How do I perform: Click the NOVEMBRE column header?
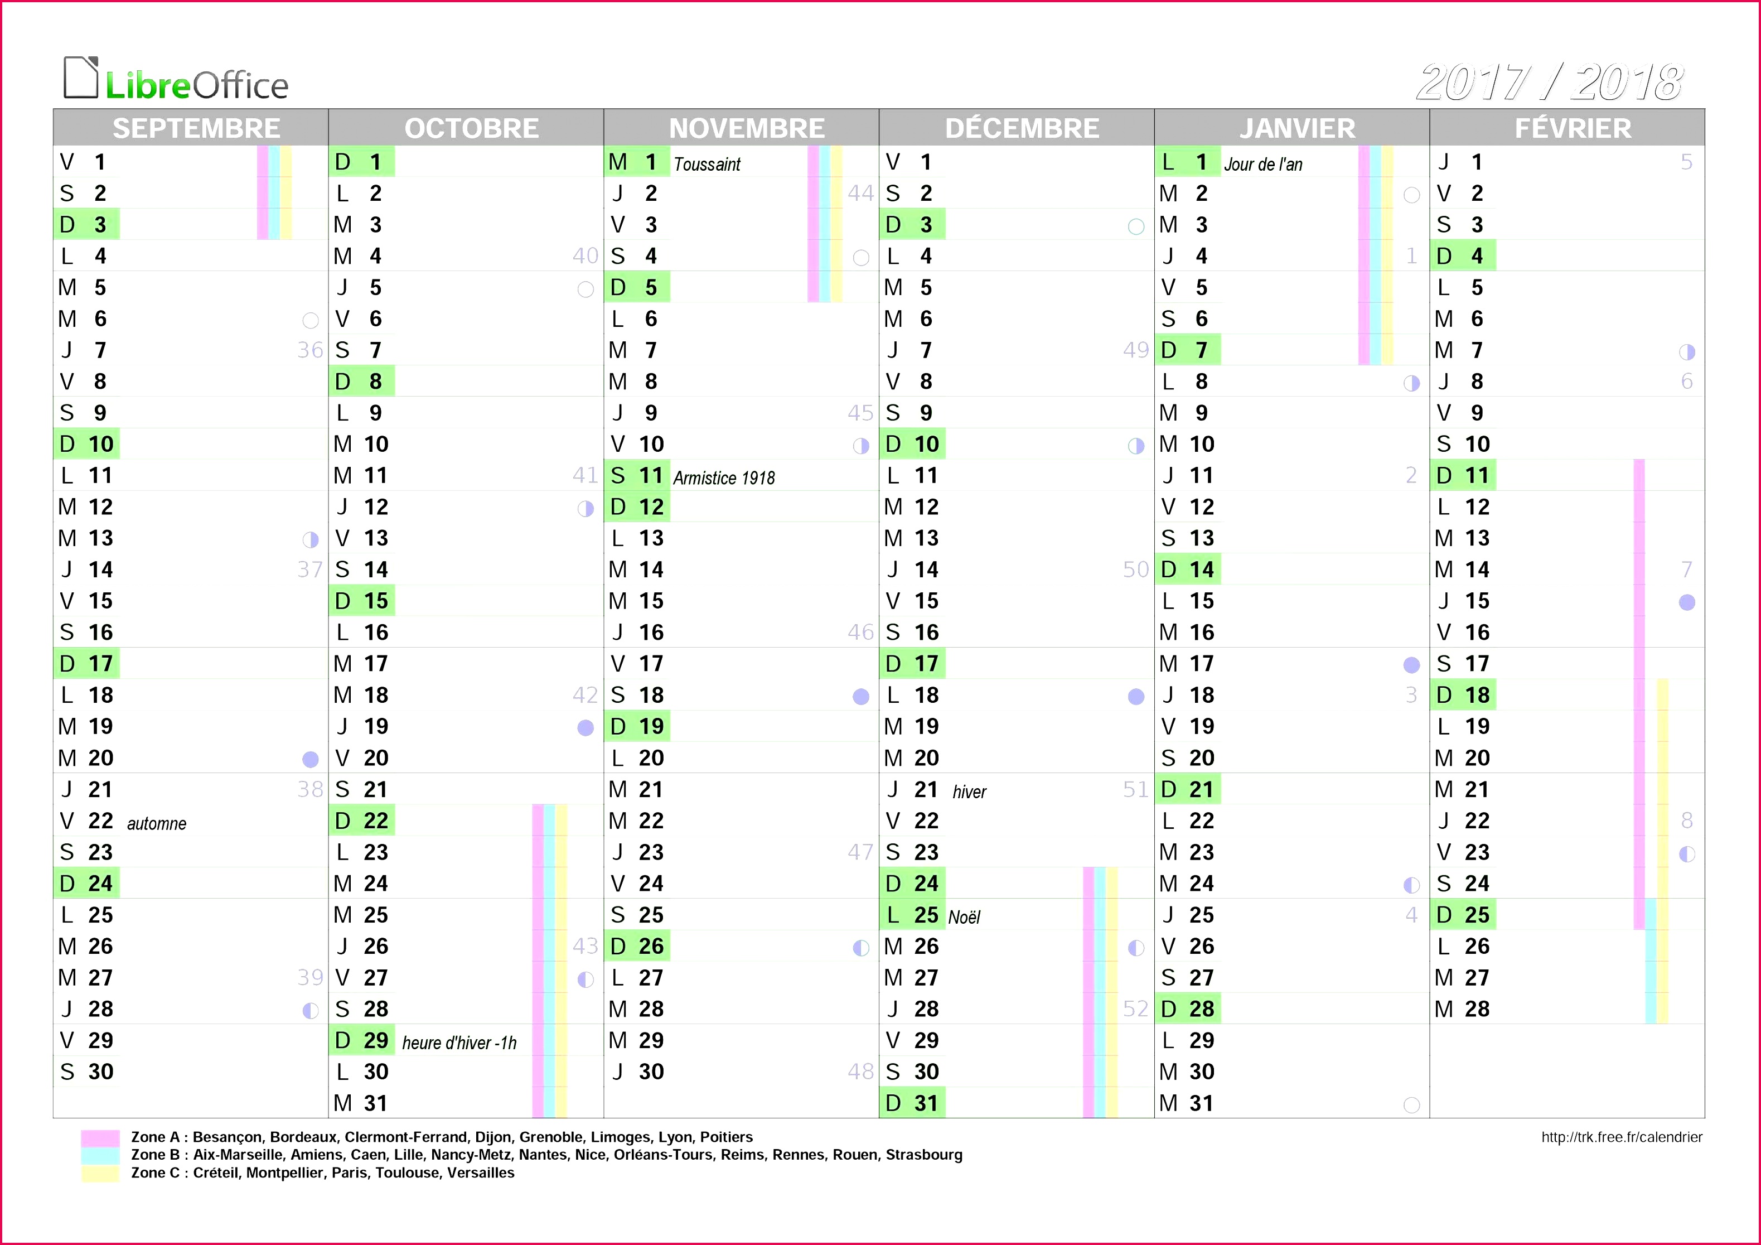747,128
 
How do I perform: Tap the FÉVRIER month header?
1573,128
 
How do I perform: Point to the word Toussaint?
707,164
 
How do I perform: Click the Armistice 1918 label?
724,478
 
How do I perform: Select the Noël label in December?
964,918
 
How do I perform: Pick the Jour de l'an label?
1263,164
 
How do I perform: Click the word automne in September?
157,824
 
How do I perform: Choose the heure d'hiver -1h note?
459,1043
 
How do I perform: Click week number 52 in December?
1136,1008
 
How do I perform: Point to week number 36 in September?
310,350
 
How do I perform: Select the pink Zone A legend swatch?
100,1137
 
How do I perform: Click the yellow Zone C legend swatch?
100,1173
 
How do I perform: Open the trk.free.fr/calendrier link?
1622,1137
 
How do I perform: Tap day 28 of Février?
1477,1008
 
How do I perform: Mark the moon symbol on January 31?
1411,1104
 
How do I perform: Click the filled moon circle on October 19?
585,728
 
